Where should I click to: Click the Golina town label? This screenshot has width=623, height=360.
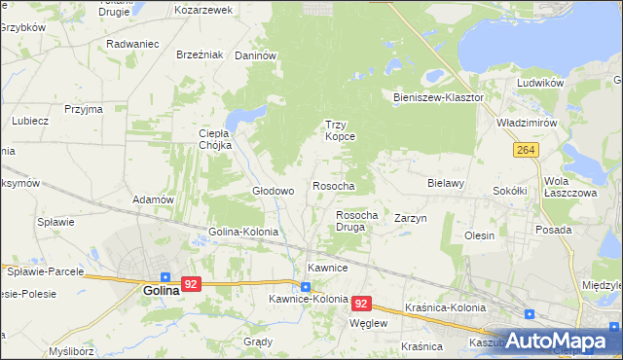coord(161,290)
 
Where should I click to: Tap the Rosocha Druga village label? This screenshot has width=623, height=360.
coord(356,221)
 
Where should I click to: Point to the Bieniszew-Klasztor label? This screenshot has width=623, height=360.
coord(438,98)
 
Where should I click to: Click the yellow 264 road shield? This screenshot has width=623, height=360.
coord(526,149)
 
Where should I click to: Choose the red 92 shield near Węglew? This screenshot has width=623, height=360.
coord(362,304)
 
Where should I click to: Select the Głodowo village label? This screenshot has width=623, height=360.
coord(274,191)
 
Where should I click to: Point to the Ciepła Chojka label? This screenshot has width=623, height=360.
coord(215,139)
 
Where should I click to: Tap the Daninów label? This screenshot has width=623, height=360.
coord(256,55)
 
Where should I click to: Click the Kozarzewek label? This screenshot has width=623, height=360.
coord(203,10)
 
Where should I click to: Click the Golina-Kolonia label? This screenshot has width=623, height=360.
coord(243,233)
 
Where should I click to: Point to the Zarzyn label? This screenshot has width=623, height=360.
coord(411,219)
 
